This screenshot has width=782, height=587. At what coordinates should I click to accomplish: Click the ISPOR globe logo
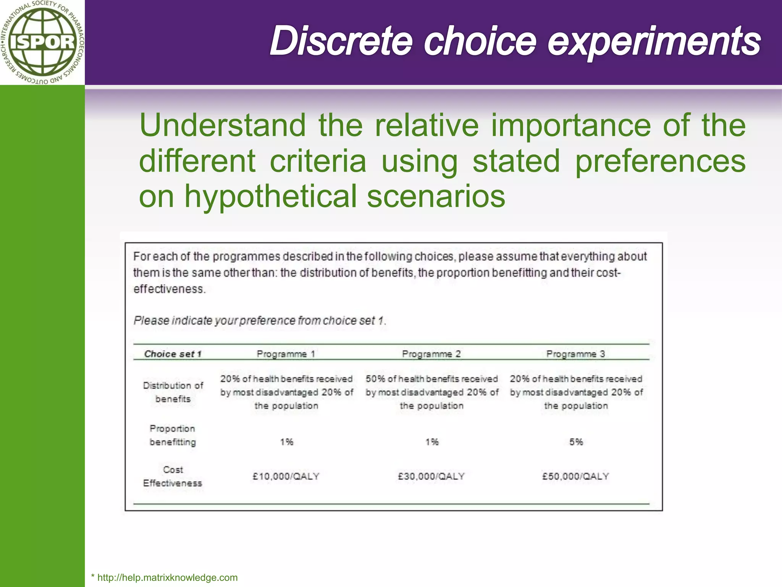42,42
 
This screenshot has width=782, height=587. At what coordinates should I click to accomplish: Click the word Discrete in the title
341,41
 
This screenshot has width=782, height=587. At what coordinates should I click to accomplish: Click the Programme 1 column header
286,354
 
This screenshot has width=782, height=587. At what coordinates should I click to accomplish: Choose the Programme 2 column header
431,354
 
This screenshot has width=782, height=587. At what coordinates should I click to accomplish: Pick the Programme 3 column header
576,354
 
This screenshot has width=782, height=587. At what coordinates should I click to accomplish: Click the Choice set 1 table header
173,354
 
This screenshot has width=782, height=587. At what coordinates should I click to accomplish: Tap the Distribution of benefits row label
173,392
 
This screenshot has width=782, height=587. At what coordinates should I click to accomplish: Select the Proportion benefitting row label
173,435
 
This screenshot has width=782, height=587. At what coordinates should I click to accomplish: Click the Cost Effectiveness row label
173,476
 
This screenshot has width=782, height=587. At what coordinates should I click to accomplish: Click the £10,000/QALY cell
286,476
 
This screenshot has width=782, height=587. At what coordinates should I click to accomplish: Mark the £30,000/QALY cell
431,476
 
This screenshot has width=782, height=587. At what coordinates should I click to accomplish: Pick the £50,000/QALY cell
576,476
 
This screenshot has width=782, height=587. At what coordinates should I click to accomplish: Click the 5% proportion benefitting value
576,442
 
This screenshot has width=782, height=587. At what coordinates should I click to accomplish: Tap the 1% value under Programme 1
286,442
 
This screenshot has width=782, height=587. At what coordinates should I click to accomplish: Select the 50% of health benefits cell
432,392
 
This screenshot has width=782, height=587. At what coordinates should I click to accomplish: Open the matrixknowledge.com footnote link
167,577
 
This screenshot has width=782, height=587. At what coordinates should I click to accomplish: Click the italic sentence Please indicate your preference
260,320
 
